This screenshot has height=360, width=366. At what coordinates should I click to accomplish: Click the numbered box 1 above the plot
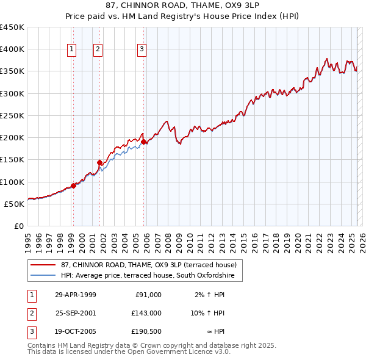point(72,49)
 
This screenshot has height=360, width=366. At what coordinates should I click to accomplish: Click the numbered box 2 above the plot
point(98,49)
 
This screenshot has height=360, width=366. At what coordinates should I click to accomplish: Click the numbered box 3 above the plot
point(142,49)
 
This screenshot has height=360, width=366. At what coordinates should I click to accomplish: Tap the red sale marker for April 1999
point(73,185)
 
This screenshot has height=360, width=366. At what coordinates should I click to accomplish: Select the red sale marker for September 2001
point(99,162)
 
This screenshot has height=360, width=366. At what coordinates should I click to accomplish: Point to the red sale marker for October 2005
point(144,142)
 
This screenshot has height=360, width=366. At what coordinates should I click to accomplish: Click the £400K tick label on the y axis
point(12,49)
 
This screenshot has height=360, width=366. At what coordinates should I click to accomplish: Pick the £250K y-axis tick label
point(12,115)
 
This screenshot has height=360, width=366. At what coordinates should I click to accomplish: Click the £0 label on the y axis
point(19,226)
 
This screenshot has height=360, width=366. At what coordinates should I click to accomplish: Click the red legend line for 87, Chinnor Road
point(44,264)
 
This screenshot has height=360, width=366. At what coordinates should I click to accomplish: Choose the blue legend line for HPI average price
point(44,275)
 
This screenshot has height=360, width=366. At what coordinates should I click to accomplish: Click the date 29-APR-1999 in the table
point(76,295)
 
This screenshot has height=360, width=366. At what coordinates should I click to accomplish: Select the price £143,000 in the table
point(146,313)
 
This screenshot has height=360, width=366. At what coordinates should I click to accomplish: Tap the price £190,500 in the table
point(146,332)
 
